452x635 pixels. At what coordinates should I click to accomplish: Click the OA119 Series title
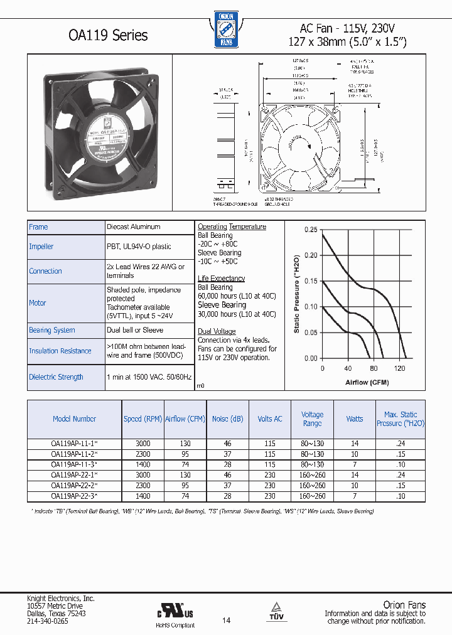(108, 35)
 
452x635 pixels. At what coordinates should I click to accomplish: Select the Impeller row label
(41, 247)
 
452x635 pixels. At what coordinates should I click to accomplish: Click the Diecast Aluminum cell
(134, 227)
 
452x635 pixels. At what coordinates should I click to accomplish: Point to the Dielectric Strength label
(56, 377)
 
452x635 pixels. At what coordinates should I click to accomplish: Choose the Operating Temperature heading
(232, 227)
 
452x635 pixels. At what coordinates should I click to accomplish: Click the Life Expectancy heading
(221, 278)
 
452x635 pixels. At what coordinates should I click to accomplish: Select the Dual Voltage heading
(217, 331)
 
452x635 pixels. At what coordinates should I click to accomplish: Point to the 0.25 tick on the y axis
(311, 230)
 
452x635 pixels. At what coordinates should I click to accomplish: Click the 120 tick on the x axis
(399, 368)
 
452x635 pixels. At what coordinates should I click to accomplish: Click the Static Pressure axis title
(297, 294)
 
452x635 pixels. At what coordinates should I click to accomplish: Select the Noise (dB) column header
(228, 419)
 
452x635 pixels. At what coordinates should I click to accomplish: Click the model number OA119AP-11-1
(74, 443)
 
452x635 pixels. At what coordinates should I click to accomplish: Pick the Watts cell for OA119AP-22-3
(354, 496)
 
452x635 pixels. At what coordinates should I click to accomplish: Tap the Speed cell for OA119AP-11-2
(143, 454)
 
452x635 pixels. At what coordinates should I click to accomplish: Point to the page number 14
(226, 621)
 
